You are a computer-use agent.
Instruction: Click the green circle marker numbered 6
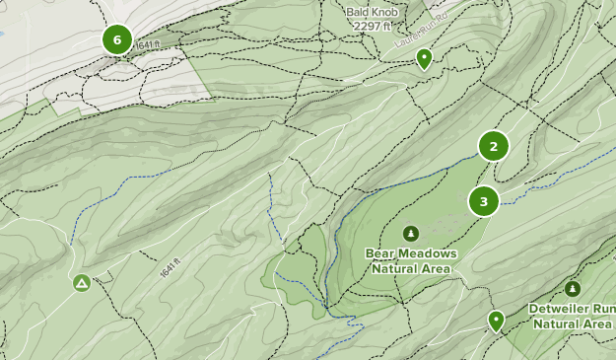117,40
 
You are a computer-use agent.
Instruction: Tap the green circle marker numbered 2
493,146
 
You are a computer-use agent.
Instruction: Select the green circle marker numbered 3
483,202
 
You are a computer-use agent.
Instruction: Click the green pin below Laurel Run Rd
424,58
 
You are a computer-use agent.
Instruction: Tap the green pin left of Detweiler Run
496,320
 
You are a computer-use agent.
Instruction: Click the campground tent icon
82,283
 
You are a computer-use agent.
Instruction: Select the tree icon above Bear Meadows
411,234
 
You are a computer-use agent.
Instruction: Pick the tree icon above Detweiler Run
573,288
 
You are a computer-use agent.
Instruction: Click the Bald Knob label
370,12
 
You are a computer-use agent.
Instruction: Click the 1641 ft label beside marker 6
147,45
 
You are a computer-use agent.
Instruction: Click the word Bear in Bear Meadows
381,253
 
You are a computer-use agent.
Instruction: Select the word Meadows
428,253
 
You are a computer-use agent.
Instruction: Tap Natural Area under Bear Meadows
411,268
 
